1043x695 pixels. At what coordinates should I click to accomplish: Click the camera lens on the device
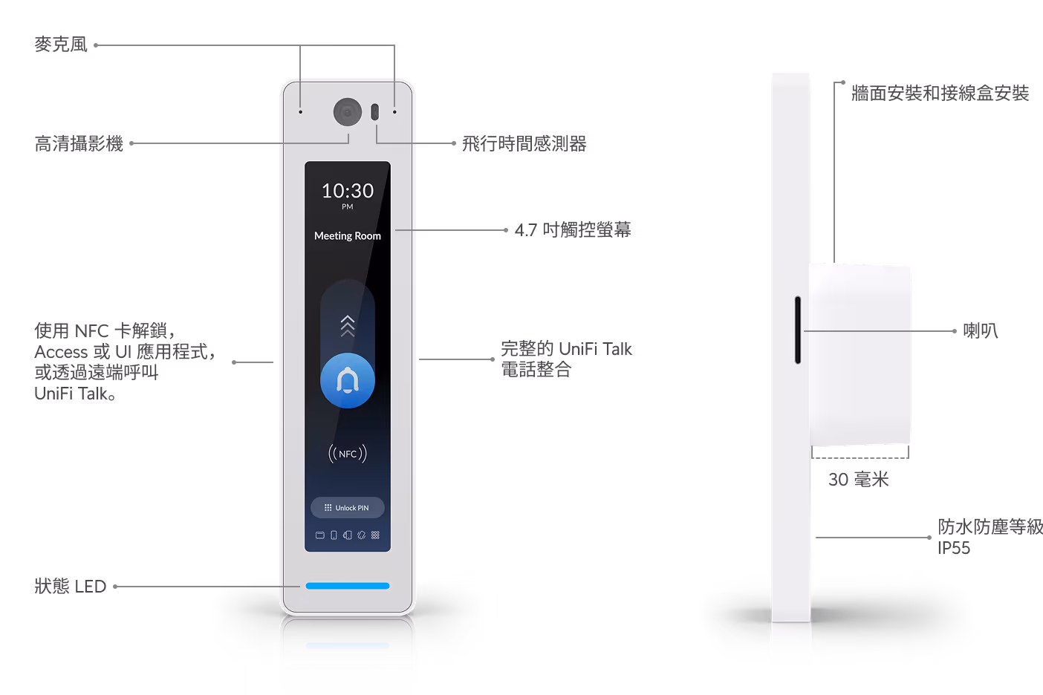click(348, 111)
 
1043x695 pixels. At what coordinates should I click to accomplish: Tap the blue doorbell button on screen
click(348, 381)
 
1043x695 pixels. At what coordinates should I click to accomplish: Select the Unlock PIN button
click(348, 507)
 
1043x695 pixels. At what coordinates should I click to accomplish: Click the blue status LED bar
click(348, 586)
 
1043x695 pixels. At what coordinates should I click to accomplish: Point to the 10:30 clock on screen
click(348, 191)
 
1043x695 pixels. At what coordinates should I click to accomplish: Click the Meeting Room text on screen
click(348, 236)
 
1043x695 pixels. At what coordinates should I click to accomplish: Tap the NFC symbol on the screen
click(348, 454)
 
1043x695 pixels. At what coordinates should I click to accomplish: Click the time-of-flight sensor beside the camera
click(375, 112)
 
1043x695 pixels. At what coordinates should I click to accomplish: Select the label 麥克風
click(61, 45)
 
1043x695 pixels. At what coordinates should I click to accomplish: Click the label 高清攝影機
click(79, 143)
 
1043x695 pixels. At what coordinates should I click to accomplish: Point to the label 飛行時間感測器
click(524, 143)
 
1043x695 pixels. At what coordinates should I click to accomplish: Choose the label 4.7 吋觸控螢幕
click(573, 230)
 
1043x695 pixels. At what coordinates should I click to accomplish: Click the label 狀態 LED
click(71, 586)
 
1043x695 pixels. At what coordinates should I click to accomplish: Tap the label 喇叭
click(981, 331)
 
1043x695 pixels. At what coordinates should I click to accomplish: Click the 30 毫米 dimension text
click(859, 480)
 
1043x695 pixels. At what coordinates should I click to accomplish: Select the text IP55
click(954, 548)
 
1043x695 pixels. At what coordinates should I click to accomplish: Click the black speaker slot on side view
click(798, 330)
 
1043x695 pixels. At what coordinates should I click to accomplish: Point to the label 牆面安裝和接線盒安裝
click(940, 93)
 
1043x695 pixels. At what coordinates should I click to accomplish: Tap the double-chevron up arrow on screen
click(348, 326)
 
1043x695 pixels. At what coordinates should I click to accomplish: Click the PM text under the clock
click(348, 206)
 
